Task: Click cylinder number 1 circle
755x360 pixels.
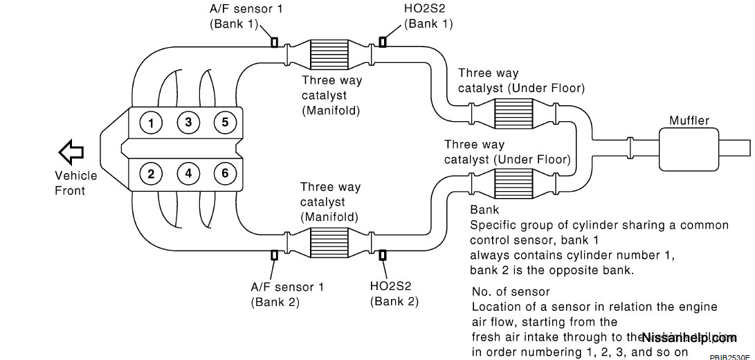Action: coord(151,124)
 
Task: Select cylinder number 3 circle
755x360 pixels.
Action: coord(188,124)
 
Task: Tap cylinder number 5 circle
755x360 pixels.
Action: coord(225,124)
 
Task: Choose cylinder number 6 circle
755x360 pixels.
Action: coord(225,173)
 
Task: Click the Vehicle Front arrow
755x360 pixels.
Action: coord(71,150)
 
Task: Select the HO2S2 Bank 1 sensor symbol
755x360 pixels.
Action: coord(382,43)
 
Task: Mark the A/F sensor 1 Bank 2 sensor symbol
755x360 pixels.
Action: coord(274,255)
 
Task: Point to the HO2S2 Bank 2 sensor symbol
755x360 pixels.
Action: coord(382,255)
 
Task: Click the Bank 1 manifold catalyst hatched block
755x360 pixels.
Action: coord(329,53)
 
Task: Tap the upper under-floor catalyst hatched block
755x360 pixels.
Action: coord(513,112)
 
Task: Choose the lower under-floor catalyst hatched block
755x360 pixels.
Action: coord(513,182)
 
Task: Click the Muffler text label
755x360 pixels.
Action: coord(689,120)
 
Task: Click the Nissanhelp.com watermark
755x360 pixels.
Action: coord(689,338)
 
